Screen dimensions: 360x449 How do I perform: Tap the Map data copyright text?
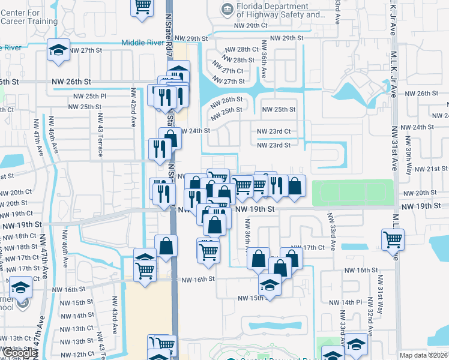coord(424,355)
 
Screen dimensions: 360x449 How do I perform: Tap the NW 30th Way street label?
coord(408,150)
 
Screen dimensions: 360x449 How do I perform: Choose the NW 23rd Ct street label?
coord(274,131)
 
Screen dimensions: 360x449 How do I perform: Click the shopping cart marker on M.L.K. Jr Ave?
coord(393,239)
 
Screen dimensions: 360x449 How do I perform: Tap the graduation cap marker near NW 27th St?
coord(58,50)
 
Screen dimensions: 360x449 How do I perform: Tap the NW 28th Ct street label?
coord(242,49)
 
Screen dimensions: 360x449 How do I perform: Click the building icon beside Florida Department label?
coord(228,9)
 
